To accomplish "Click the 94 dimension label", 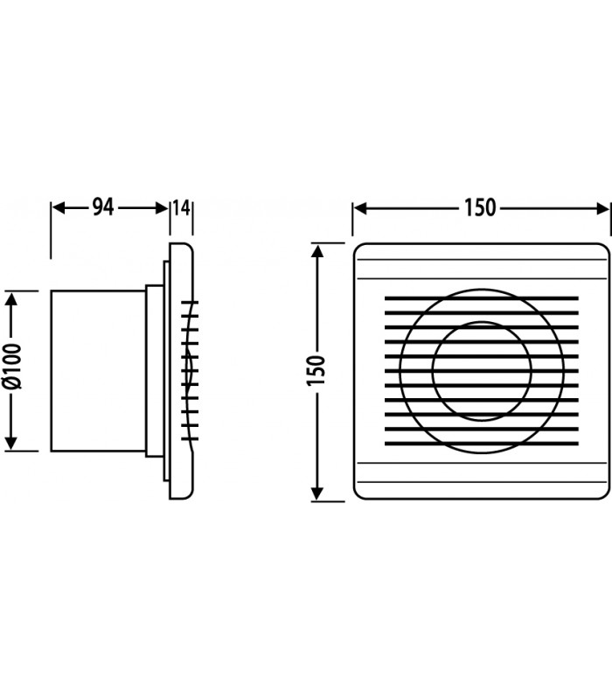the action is (x=103, y=207).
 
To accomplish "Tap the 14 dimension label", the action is (x=182, y=208).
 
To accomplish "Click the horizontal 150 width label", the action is (x=480, y=208).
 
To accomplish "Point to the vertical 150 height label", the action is (x=316, y=370).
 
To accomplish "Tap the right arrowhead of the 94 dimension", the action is (x=162, y=208).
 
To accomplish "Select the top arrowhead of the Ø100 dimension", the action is (x=11, y=298).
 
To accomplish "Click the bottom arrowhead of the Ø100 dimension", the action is (x=11, y=444).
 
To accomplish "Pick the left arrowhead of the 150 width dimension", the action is (x=360, y=208).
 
